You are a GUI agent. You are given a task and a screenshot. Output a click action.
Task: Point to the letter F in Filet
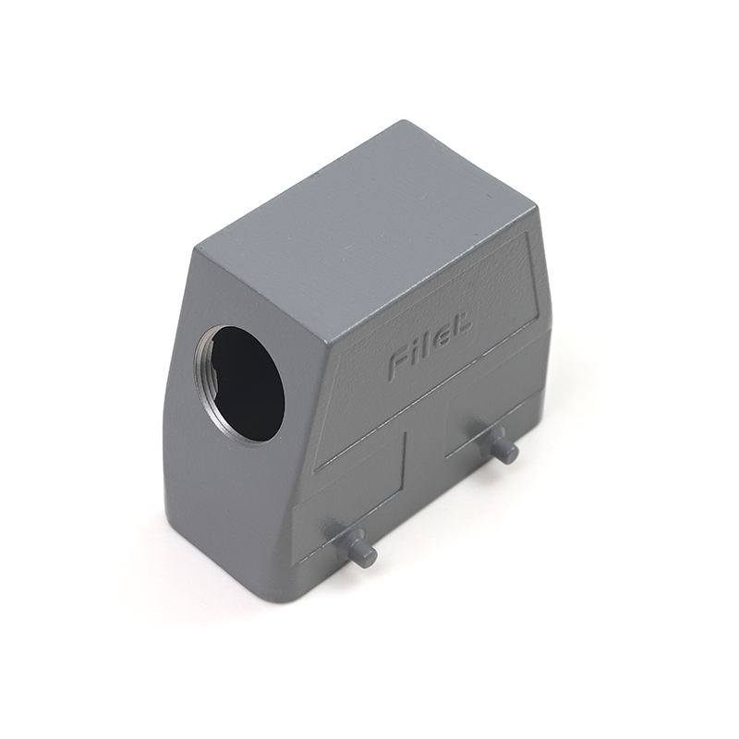point(399,363)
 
